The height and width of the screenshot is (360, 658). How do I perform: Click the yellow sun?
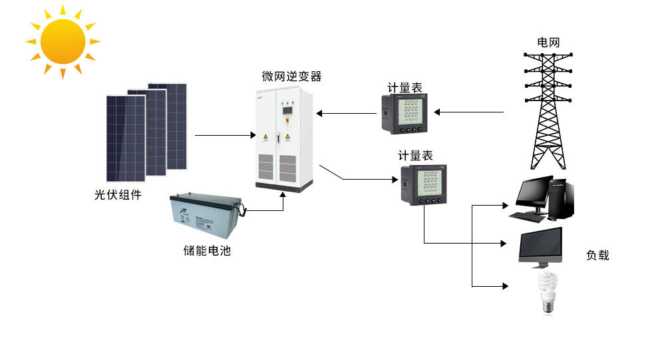(63, 41)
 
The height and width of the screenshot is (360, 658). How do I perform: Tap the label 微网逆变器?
(291, 77)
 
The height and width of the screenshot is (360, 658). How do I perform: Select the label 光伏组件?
(118, 196)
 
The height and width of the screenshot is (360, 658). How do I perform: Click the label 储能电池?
(207, 251)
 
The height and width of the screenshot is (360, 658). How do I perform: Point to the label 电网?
(548, 43)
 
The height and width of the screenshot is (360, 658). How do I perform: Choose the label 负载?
(597, 255)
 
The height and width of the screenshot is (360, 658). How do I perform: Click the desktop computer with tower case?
(542, 197)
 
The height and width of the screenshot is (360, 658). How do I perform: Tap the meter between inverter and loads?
(423, 184)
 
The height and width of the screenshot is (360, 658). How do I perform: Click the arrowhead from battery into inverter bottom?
(284, 196)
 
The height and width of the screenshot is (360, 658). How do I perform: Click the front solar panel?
(125, 138)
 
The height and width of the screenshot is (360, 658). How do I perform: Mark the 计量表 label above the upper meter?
(405, 88)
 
